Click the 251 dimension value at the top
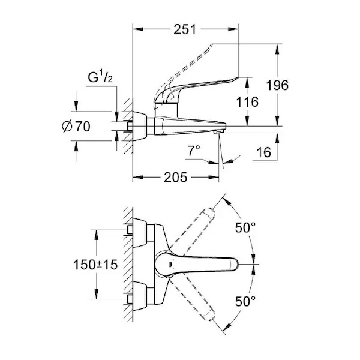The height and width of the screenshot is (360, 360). tap(185, 29)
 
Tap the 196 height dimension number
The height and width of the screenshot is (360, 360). tap(277, 85)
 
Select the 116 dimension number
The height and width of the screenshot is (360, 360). tap(247, 102)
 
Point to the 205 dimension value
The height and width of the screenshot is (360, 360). tap(176, 177)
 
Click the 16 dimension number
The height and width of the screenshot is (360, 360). tap(264, 152)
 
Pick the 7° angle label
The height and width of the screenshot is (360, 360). tap(194, 151)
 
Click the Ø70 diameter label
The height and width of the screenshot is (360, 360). tap(76, 126)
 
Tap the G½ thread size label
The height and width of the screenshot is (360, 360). tap(100, 77)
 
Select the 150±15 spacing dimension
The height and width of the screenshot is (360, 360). tap(95, 265)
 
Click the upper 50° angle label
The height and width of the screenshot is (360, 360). tap(245, 227)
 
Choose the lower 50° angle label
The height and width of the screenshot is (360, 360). tap(245, 301)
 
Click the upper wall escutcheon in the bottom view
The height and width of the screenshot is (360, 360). tap(140, 233)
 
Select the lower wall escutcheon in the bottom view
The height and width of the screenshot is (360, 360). tap(140, 296)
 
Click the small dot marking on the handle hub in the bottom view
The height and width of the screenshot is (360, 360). tap(170, 265)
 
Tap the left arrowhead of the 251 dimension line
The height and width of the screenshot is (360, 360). tap(138, 29)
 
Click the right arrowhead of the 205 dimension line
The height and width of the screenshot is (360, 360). tap(214, 177)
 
